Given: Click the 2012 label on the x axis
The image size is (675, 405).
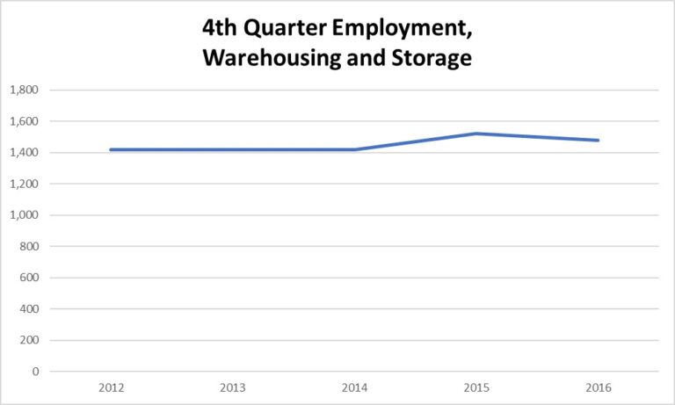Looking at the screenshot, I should (x=112, y=387).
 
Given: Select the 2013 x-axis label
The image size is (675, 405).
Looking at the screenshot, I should (x=233, y=387).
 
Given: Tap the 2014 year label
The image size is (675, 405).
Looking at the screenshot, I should (x=354, y=387).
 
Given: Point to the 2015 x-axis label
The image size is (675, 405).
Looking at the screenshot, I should (x=476, y=387).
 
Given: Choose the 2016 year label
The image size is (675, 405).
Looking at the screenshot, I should (x=598, y=387).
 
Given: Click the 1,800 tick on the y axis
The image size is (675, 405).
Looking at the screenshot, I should (x=26, y=90).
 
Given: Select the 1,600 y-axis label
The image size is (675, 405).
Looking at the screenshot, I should (x=26, y=121).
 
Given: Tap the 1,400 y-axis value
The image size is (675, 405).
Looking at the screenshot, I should (x=26, y=153).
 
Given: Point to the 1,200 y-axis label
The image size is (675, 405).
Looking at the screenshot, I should (x=26, y=184).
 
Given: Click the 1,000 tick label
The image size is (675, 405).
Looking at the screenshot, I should (x=26, y=215).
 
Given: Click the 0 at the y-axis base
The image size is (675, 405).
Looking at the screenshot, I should (x=36, y=372).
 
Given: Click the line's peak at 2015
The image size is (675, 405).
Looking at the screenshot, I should (x=476, y=134).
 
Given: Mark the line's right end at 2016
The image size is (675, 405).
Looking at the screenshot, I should (x=598, y=140).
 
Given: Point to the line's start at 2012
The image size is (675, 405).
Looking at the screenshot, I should (x=112, y=149).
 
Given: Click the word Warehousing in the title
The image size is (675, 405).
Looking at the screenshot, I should (x=280, y=60).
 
